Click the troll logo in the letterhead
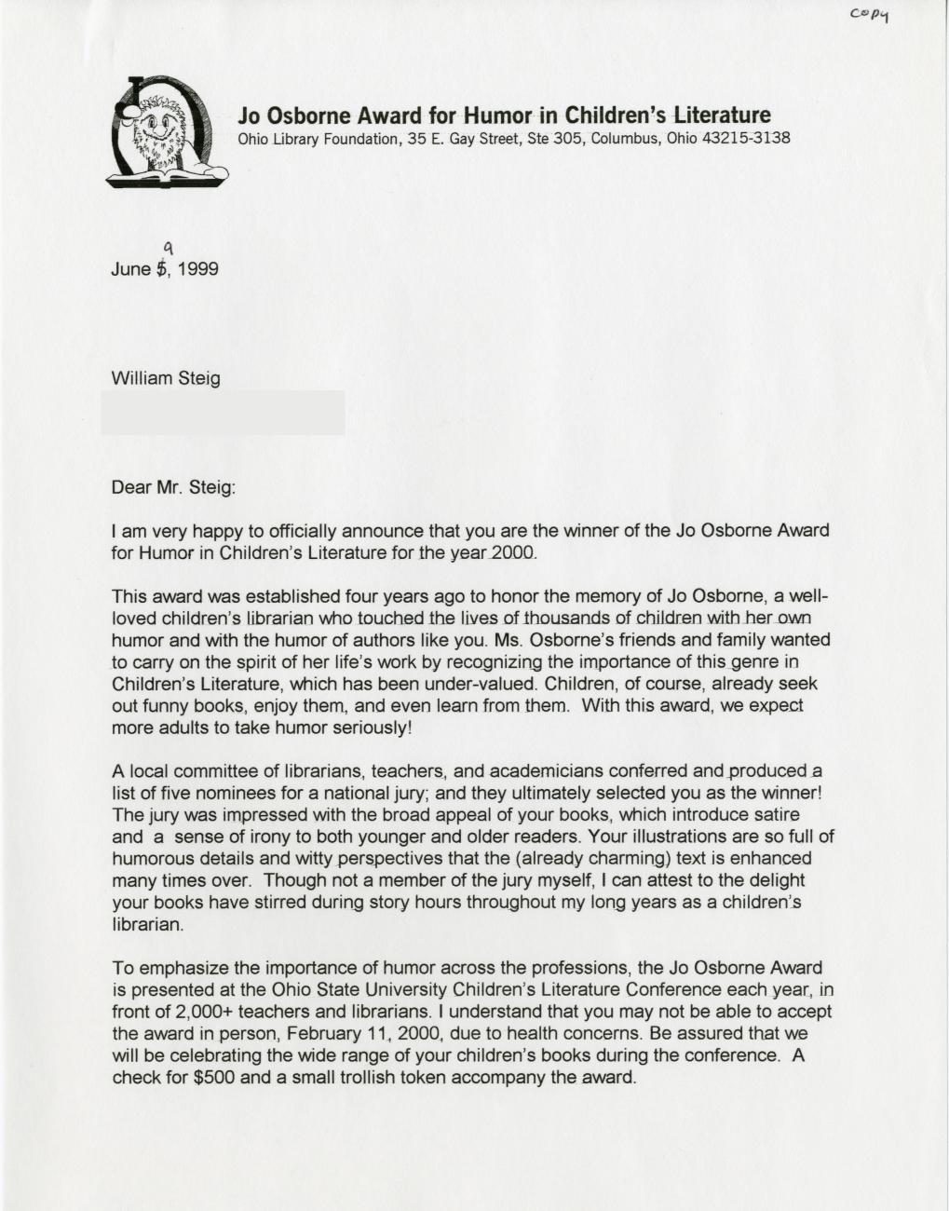(167, 132)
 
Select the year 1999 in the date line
(199, 269)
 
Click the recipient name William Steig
(166, 379)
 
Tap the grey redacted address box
(223, 413)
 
